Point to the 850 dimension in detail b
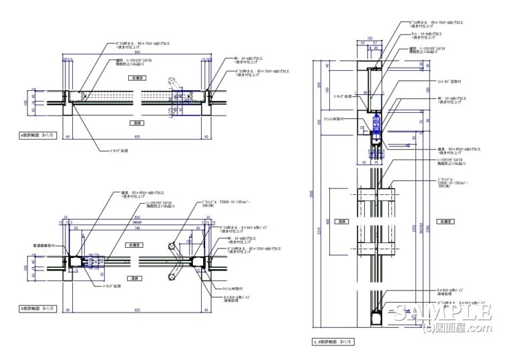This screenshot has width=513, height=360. (x=136, y=218)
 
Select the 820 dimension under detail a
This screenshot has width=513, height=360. (x=138, y=138)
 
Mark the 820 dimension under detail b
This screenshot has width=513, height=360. (x=136, y=312)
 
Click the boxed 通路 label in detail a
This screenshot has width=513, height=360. (x=136, y=123)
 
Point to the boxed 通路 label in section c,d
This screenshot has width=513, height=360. (x=342, y=221)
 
